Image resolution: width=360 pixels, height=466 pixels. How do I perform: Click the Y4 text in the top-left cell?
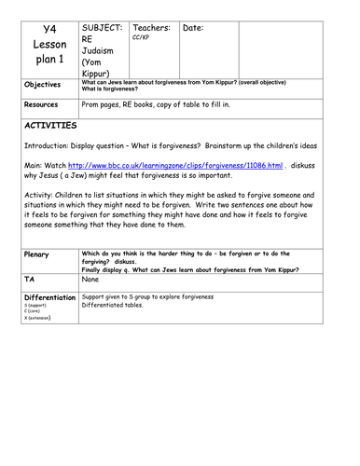[x=50, y=31]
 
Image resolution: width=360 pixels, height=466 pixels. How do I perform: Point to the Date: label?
[x=197, y=29]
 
